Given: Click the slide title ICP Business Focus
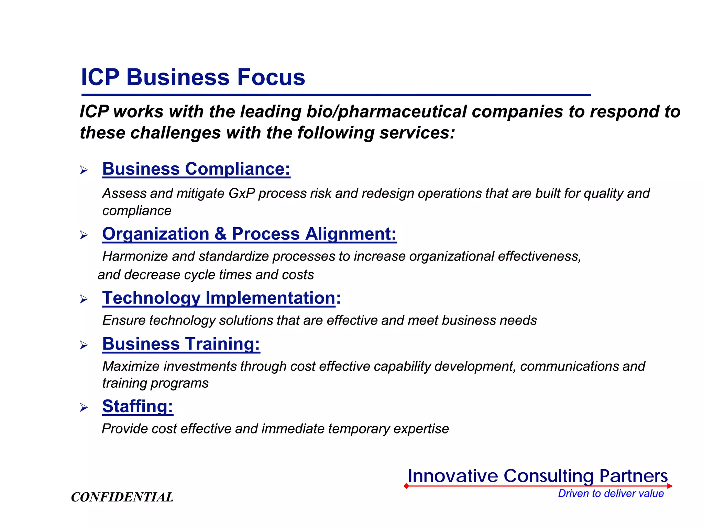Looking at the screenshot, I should click(x=193, y=77).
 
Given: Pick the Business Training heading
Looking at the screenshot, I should click(x=181, y=344).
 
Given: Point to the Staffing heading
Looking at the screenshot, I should click(x=137, y=406).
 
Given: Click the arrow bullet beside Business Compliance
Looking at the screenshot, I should click(x=84, y=170).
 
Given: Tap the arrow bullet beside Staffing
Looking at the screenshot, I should click(x=84, y=408).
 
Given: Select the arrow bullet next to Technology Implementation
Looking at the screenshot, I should click(x=84, y=299).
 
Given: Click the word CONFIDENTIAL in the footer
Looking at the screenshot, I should click(x=122, y=497).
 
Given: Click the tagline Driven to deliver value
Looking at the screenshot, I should click(x=610, y=493).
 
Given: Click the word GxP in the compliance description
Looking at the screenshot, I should click(x=242, y=194).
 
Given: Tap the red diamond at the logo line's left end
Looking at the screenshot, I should click(x=406, y=486).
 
